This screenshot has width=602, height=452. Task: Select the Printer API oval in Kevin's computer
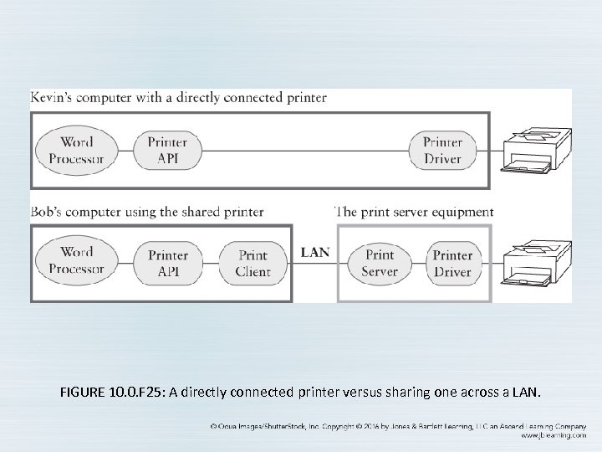[x=167, y=151]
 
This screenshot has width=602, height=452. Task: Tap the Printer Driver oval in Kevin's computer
[x=442, y=151]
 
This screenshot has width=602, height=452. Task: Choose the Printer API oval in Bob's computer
[x=167, y=263]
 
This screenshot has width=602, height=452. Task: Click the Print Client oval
[x=253, y=263]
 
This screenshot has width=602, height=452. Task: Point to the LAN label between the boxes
[x=314, y=252]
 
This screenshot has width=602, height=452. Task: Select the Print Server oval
[x=380, y=263]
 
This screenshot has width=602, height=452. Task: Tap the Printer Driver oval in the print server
[x=452, y=263]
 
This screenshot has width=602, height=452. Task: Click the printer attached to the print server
[x=537, y=265]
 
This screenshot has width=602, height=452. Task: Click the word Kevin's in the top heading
[x=52, y=97]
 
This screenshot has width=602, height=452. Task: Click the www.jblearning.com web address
[x=552, y=435]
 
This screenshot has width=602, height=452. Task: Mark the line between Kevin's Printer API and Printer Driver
[x=301, y=151]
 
